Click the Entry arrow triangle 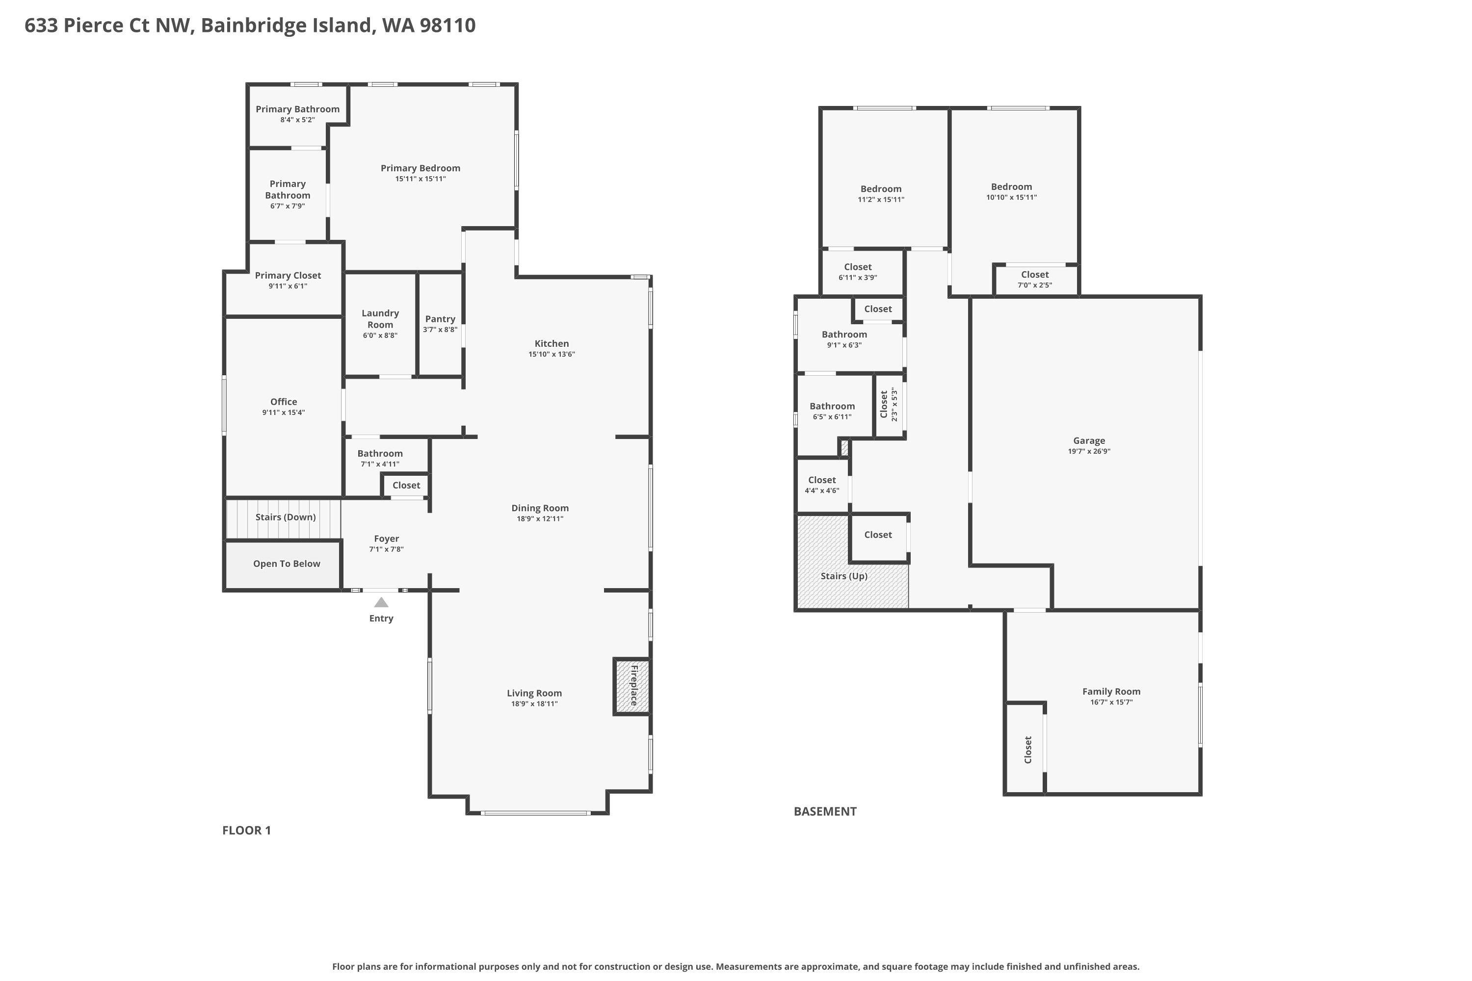(381, 602)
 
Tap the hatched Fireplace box (632, 686)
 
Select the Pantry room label (440, 319)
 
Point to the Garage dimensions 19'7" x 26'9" (1089, 452)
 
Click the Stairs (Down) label (286, 517)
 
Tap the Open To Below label (287, 564)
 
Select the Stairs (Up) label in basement (843, 576)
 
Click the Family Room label (1111, 691)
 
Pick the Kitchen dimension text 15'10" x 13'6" (552, 354)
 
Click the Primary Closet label (288, 275)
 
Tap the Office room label (284, 402)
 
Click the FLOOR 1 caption (247, 830)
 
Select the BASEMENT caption (825, 811)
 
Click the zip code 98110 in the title (447, 25)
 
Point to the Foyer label (386, 539)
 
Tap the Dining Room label (539, 508)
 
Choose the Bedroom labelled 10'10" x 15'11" (1011, 186)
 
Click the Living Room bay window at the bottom (536, 813)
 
